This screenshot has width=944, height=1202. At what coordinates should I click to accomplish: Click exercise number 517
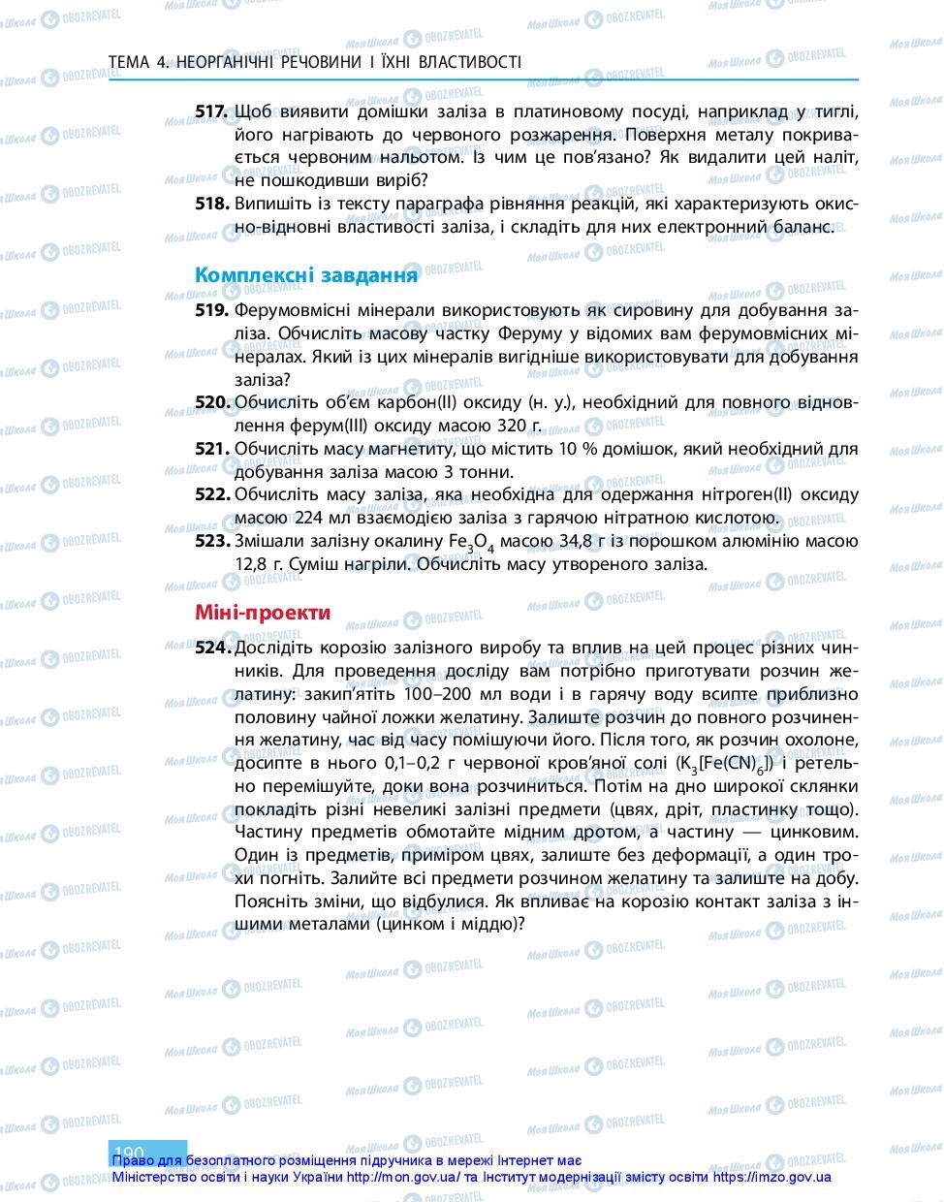pos(211,111)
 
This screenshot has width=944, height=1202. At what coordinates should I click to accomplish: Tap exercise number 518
pos(211,204)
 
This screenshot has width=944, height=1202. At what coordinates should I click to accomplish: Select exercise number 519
pos(211,310)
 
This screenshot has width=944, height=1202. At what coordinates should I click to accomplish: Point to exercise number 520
pos(211,402)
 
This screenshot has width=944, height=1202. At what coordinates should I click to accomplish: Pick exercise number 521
pos(211,449)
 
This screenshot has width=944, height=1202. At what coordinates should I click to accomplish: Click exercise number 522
pos(211,494)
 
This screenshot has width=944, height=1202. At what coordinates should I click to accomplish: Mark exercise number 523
pos(211,540)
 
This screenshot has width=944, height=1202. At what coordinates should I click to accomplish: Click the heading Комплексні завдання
pos(306,275)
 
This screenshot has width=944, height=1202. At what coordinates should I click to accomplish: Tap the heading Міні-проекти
pos(263,613)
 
